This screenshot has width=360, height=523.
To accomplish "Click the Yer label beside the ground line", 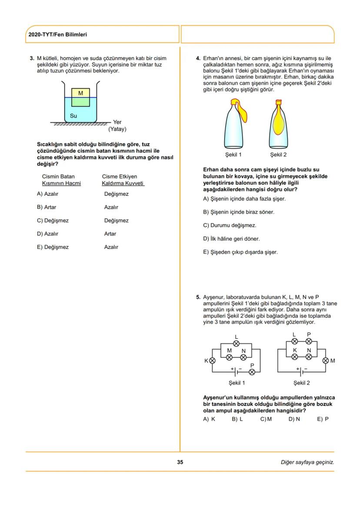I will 117,123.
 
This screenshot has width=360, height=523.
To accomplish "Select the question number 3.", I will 31,58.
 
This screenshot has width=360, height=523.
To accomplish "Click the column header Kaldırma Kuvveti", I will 123,183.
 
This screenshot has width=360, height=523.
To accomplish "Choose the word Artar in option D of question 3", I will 110,234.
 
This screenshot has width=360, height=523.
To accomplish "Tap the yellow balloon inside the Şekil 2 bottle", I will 278,124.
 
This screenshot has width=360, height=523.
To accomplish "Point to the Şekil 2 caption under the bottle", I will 278,154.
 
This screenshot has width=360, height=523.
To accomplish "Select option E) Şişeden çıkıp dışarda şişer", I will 240,252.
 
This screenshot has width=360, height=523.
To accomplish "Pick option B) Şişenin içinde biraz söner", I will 239,212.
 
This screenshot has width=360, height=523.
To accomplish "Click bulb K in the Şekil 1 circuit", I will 212,361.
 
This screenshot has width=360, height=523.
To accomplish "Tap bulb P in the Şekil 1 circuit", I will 252,372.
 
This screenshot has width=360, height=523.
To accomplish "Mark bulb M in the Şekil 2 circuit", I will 326,361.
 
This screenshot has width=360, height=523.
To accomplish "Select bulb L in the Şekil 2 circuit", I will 294,341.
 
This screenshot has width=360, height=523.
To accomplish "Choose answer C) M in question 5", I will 266,419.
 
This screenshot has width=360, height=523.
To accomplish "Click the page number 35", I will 180,462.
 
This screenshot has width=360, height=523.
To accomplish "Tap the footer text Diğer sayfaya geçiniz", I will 307,462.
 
